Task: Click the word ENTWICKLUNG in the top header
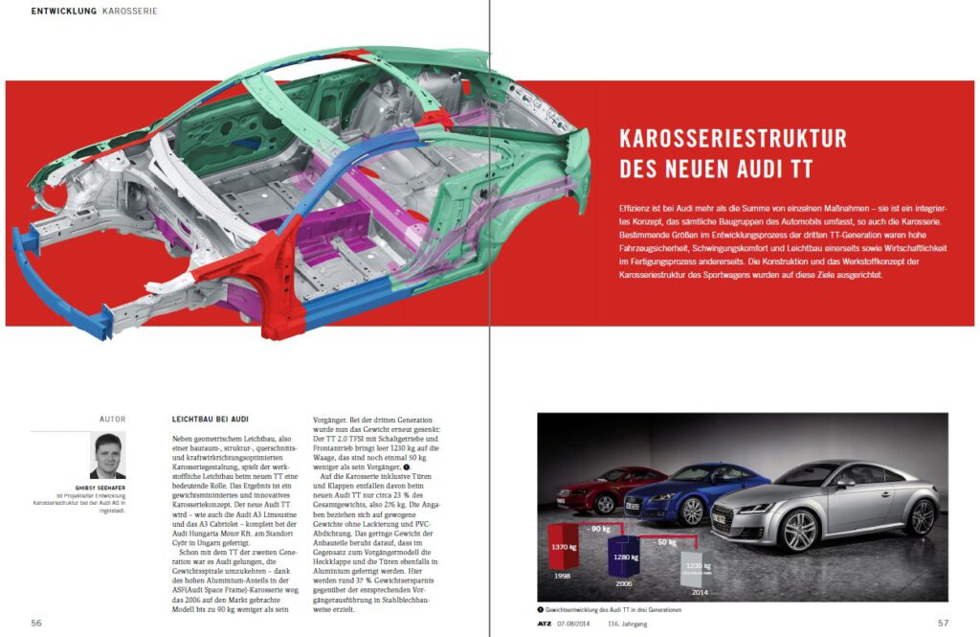(63, 11)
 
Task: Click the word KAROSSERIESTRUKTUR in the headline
(733, 139)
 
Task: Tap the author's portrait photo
(107, 455)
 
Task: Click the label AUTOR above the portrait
(113, 420)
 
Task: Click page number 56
(36, 622)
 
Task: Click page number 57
(943, 622)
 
